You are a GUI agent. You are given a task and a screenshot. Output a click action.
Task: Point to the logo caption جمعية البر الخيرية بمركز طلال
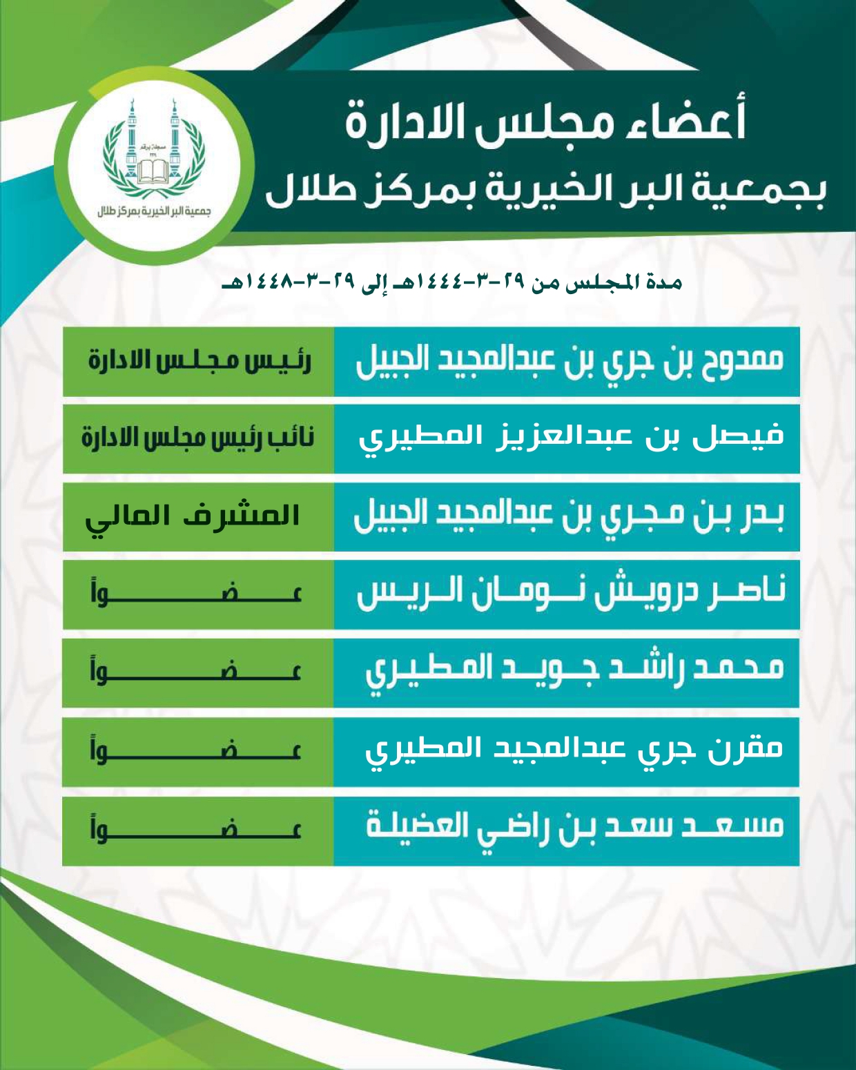[153, 211]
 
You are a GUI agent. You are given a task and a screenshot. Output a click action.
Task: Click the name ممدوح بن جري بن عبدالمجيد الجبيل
[569, 362]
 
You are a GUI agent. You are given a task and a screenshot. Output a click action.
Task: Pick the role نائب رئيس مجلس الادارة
[199, 439]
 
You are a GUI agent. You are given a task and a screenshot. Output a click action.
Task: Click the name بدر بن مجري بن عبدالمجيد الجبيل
[569, 517]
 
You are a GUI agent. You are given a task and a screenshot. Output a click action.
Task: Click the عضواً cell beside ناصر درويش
[197, 594]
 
